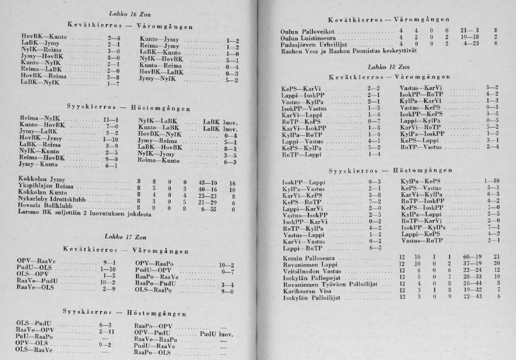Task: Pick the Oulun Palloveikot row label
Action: coord(307,31)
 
